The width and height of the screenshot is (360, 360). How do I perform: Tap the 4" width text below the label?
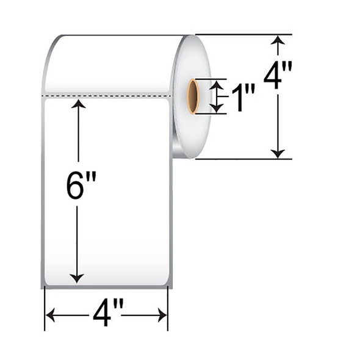tap(106, 315)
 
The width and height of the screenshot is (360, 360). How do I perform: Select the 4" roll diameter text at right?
tap(278, 76)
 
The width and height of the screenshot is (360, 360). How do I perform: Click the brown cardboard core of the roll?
tap(193, 96)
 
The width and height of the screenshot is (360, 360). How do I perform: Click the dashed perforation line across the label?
tap(107, 96)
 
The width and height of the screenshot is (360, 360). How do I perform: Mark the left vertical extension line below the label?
tap(45, 308)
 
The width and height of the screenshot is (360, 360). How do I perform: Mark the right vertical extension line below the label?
tap(168, 308)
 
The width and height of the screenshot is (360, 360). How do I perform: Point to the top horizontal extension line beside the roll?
tap(244, 34)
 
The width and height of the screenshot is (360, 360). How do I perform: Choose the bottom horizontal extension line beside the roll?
tap(244, 159)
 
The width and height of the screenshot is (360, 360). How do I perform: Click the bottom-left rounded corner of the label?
tap(45, 284)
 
